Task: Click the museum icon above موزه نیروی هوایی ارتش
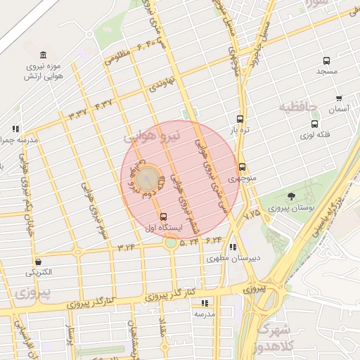[x=44, y=56]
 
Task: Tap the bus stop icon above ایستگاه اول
[x=164, y=216]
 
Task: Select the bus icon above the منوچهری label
[x=243, y=167]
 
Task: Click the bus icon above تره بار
[x=240, y=119]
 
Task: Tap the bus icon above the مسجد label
[x=326, y=61]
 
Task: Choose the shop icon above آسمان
[x=339, y=98]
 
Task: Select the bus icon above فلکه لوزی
[x=314, y=124]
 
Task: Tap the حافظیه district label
[x=298, y=108]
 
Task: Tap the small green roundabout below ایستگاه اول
[x=171, y=244]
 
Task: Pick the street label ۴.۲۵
[x=252, y=212]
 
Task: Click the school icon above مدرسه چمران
[x=15, y=129]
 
